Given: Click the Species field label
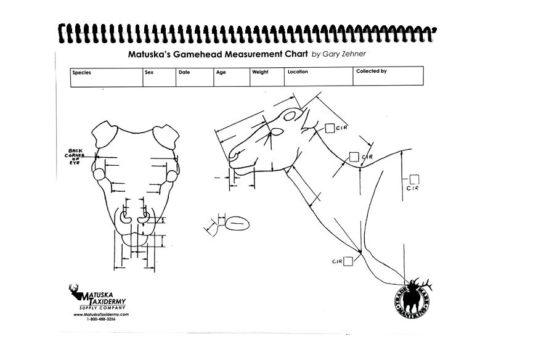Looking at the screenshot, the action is click(81, 72).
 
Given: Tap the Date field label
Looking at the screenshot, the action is click(184, 72).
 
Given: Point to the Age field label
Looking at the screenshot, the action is click(221, 72).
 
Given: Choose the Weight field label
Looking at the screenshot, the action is click(260, 72).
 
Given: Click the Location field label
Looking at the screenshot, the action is click(298, 72).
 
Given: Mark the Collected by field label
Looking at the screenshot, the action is click(372, 72).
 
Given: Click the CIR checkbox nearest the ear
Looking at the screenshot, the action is click(330, 128).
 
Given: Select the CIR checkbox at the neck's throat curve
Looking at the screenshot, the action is click(354, 157).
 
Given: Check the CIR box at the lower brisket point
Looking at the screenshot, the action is click(348, 261).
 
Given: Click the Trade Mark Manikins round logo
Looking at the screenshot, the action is click(412, 298).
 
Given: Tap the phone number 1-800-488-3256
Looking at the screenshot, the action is click(101, 319).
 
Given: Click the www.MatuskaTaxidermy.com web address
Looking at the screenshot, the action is click(101, 314).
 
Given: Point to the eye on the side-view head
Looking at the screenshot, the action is click(277, 132).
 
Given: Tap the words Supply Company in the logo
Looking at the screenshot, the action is click(102, 308).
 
